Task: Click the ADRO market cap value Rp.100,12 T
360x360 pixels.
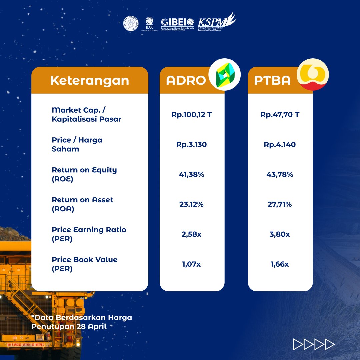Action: coord(192,115)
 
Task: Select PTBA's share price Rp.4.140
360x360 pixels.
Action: coord(280,145)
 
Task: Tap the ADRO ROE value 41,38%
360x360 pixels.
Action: coord(192,174)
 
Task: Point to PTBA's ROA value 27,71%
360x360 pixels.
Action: coord(280,204)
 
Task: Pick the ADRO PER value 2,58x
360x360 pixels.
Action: coord(192,234)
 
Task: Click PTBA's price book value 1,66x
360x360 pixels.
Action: coord(280,264)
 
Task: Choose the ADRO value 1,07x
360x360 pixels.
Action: coord(192,264)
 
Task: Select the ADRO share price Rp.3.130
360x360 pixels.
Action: coord(192,145)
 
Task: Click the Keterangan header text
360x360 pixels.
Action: coord(90,80)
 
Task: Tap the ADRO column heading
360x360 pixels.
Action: coord(186,81)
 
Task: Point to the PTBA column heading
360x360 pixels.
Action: coord(272,81)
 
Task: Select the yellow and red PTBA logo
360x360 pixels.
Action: coord(313,75)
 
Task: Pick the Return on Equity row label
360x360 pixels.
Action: coord(84,174)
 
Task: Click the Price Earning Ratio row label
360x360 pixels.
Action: coord(89,234)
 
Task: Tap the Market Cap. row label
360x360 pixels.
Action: coord(87,114)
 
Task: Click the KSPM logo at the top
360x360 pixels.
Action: coord(216,22)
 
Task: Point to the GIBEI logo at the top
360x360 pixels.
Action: coord(177,23)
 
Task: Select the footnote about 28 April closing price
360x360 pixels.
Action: coord(82,322)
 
